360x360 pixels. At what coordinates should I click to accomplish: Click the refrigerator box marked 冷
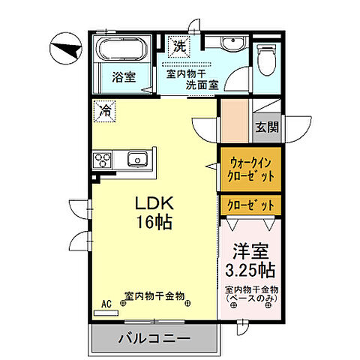pos(105,112)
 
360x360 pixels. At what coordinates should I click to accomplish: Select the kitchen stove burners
pos(103,159)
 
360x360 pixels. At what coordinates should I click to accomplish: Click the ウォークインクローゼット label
pos(247,167)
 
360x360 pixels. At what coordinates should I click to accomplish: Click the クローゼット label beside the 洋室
pos(247,204)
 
